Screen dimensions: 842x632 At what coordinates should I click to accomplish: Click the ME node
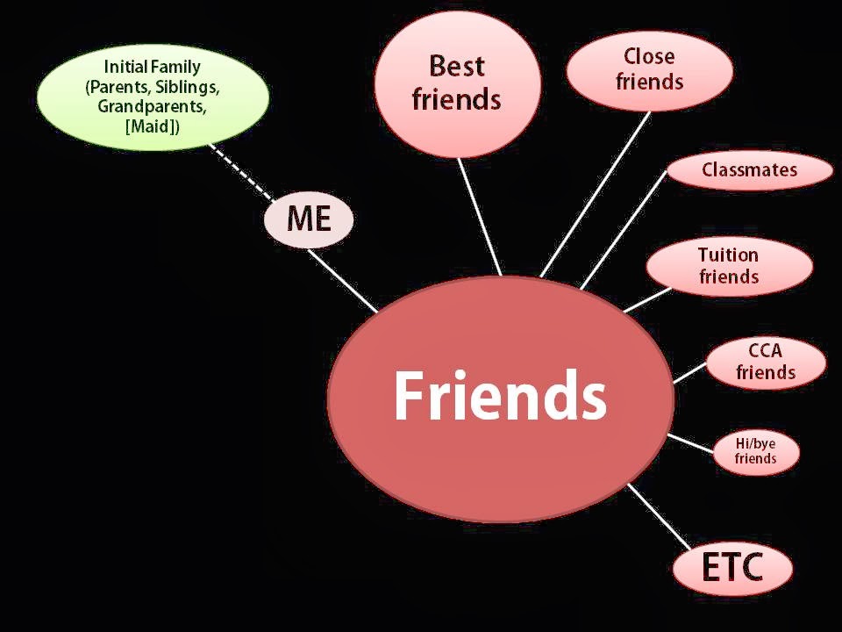pyautogui.click(x=309, y=219)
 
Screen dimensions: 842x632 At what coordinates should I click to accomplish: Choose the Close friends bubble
pyautogui.click(x=649, y=69)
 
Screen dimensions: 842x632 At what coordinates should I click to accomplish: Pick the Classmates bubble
pyautogui.click(x=749, y=170)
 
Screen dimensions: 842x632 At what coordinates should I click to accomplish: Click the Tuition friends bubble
pyautogui.click(x=729, y=266)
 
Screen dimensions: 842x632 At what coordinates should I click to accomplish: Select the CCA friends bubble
pyautogui.click(x=766, y=362)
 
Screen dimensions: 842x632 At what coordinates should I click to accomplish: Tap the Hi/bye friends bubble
pyautogui.click(x=755, y=451)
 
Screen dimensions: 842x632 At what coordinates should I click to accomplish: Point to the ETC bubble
pyautogui.click(x=732, y=567)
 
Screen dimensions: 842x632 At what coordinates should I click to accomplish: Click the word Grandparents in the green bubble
pyautogui.click(x=153, y=107)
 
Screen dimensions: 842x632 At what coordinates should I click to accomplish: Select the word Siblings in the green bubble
pyautogui.click(x=188, y=87)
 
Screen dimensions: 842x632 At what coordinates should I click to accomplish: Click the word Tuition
pyautogui.click(x=728, y=255)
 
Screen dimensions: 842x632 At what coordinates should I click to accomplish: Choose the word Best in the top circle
pyautogui.click(x=456, y=66)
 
